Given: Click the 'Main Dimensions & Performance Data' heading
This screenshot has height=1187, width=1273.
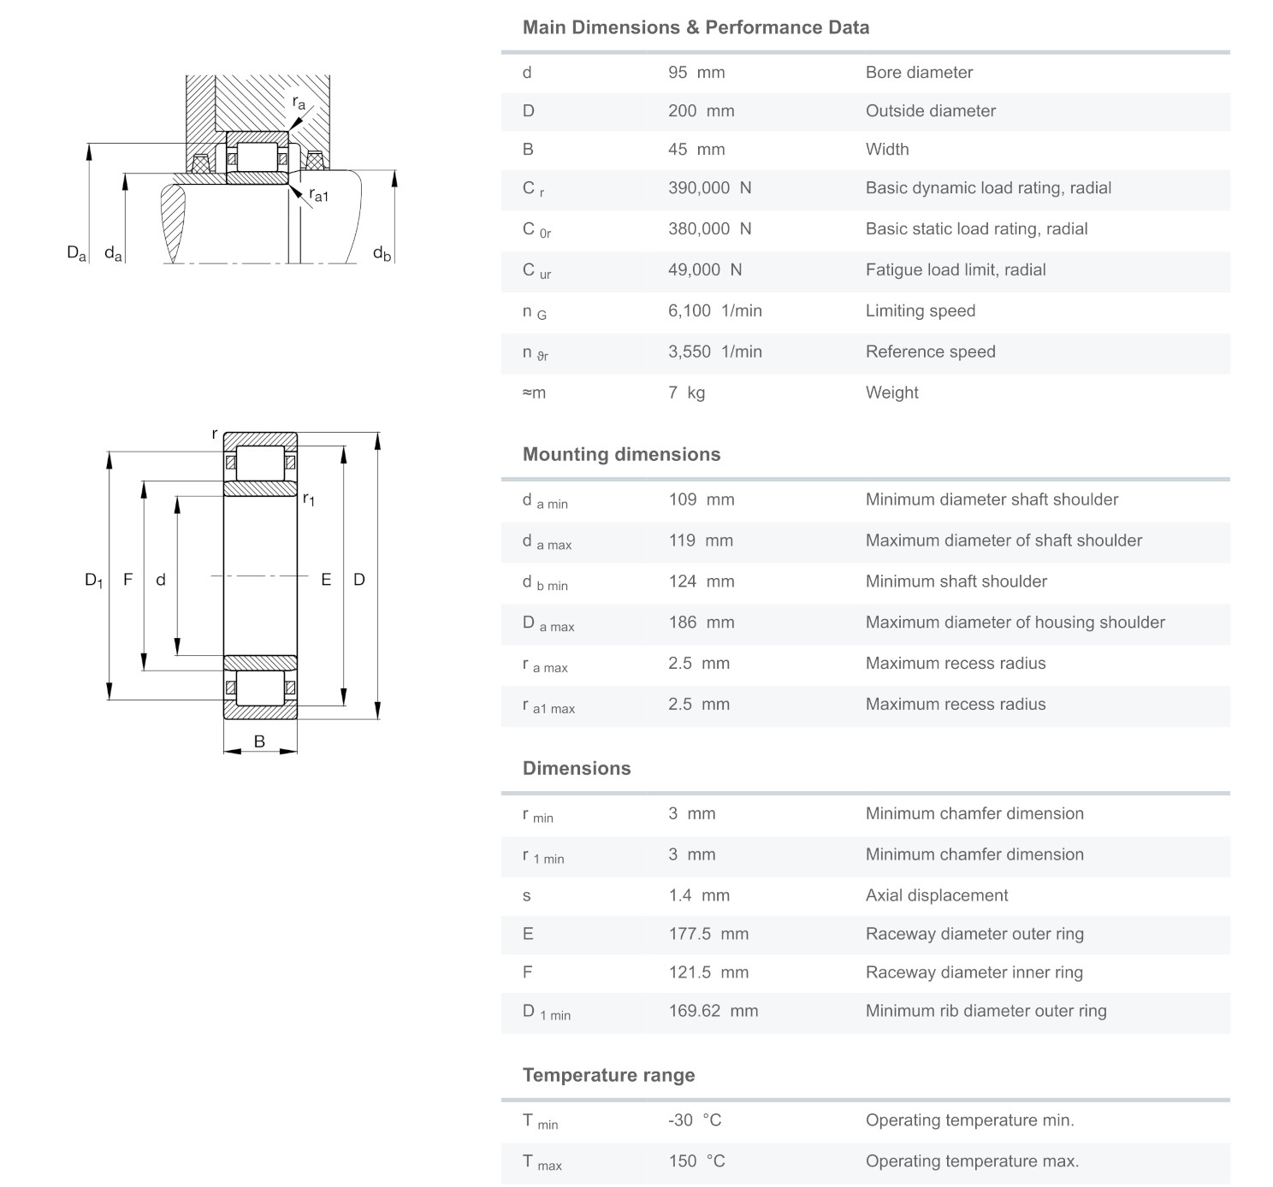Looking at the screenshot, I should (x=696, y=27).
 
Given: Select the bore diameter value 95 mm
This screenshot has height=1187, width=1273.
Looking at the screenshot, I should (x=696, y=73).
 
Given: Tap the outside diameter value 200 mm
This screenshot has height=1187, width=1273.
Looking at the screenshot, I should (x=701, y=111).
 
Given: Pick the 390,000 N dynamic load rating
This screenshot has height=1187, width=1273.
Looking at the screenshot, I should (x=709, y=188).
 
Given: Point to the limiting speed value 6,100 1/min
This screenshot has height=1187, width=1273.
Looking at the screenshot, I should (x=714, y=311).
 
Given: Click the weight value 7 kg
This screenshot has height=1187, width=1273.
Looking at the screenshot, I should (x=686, y=393).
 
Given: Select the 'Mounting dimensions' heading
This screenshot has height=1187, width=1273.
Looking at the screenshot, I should (x=621, y=454).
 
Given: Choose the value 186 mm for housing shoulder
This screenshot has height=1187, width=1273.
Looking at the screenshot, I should (x=701, y=623).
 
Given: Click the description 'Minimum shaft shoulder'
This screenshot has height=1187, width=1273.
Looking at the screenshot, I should (x=956, y=582).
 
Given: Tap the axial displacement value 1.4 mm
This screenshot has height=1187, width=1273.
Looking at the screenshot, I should (x=699, y=896).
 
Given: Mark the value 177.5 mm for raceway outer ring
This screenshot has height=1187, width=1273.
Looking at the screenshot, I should (x=708, y=934).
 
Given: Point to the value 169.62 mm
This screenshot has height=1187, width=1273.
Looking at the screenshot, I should (x=713, y=1011).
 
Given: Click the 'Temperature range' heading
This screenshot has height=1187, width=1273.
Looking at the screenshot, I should (x=608, y=1075).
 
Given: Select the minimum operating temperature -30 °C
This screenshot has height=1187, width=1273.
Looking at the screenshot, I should (x=695, y=1120).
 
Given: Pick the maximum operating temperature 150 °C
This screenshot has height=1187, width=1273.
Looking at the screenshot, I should (x=696, y=1161).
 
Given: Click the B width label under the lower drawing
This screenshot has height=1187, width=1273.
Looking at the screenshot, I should (x=259, y=741).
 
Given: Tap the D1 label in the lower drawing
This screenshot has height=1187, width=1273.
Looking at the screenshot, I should (x=93, y=580).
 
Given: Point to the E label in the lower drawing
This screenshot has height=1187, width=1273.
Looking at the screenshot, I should (x=326, y=580).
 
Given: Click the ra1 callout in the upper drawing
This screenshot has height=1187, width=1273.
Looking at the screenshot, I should (x=317, y=195).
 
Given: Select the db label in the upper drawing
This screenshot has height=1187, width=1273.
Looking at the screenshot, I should (x=382, y=253).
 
